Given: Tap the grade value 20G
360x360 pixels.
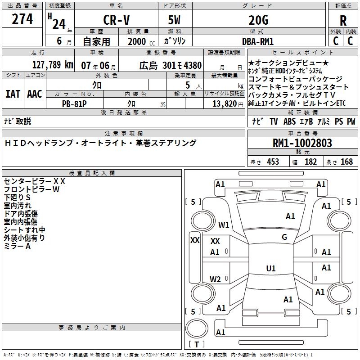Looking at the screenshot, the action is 258,21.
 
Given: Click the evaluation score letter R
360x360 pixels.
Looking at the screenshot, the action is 343,21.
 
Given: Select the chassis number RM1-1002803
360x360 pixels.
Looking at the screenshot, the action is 302,143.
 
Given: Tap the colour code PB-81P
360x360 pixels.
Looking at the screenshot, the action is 75,103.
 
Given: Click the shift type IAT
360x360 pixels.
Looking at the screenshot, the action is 13,94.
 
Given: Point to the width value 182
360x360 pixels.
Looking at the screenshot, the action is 311,162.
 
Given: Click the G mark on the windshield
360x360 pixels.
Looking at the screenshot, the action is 284,237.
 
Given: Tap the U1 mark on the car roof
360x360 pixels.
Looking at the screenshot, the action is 271,269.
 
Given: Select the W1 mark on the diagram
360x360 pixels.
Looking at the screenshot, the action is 224,225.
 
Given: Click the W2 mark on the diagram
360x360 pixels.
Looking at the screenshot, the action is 216,279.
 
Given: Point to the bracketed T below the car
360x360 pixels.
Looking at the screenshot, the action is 196,345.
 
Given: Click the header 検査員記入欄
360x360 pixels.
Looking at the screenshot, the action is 92,173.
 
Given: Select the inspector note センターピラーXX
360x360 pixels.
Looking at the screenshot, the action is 35,181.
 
